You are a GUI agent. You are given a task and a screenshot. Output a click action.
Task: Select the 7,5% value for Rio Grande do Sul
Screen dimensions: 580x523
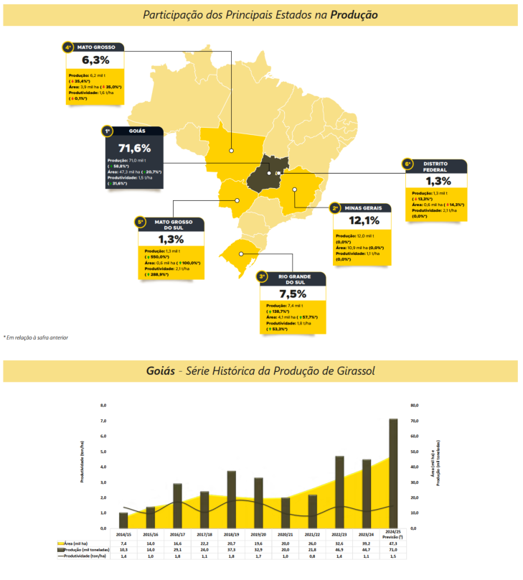click(x=293, y=294)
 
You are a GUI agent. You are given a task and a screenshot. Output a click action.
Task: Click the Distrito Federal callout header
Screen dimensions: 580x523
click(x=436, y=166)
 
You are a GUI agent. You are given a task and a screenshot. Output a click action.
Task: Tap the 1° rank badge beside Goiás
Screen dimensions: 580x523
click(x=107, y=131)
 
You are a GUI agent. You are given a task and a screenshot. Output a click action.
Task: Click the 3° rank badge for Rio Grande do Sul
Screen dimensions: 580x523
click(x=263, y=276)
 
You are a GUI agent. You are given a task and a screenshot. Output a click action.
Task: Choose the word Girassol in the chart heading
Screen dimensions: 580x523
click(x=350, y=371)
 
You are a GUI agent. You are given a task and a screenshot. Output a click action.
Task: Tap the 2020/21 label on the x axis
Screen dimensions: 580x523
click(x=285, y=535)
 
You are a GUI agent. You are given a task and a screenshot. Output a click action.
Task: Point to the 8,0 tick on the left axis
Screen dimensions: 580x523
click(x=103, y=405)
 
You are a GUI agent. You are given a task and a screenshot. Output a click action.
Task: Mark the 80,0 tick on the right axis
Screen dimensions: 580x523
click(x=414, y=405)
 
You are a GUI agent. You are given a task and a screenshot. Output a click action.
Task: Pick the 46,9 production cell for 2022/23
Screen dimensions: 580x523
click(x=339, y=550)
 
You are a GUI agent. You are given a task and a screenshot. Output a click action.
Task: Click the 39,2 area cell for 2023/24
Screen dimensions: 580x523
click(x=366, y=543)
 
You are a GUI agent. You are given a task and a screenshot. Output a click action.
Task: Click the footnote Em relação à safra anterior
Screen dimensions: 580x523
click(x=37, y=337)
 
